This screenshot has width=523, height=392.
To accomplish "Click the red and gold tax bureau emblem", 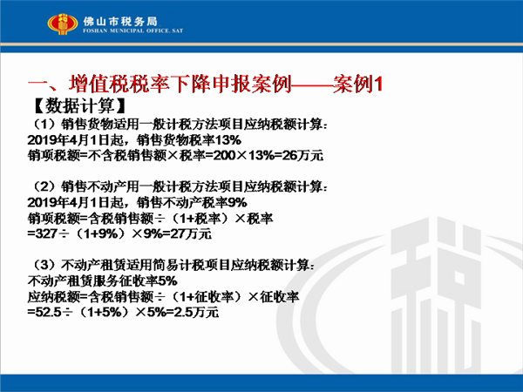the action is (63, 24).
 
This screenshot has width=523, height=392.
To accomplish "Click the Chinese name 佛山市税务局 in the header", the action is (120, 21).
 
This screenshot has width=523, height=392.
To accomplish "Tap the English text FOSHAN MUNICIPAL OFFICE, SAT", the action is (132, 30).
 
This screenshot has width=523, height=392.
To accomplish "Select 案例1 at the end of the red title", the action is (357, 84).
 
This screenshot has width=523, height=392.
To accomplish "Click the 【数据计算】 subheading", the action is (79, 105).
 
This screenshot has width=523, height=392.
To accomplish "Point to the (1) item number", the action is (44, 125).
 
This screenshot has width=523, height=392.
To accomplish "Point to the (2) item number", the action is (44, 186).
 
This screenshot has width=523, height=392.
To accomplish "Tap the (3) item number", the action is (44, 266).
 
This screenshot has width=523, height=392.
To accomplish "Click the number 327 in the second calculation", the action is (46, 233).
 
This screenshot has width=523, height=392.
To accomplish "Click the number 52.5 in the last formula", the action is (48, 313).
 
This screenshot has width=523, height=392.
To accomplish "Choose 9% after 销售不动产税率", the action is (237, 202).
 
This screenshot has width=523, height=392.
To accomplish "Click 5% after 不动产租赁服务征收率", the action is (167, 281).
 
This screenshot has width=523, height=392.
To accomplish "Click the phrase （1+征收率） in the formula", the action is (207, 297).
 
